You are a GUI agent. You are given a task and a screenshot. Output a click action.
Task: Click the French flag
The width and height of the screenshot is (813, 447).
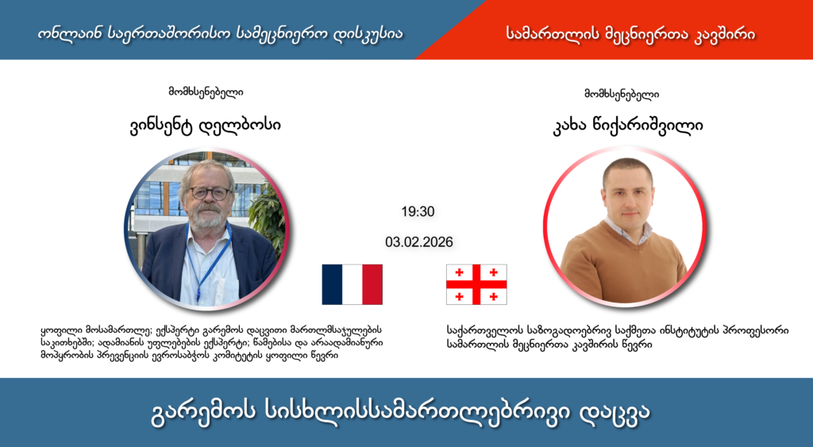[352, 284]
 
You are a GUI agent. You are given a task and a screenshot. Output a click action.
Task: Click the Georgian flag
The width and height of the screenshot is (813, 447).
[476, 284]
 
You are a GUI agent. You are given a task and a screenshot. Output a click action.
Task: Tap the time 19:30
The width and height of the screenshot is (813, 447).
[418, 212]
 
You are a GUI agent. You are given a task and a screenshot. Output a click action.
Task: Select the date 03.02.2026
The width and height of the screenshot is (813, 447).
[418, 242]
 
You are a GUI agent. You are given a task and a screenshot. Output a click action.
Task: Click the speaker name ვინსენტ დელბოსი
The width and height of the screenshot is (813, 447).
[206, 125]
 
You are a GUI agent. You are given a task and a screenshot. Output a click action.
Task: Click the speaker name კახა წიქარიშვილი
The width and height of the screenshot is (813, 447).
[622, 125]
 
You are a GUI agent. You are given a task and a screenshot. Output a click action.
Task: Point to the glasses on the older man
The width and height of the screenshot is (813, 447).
[209, 192]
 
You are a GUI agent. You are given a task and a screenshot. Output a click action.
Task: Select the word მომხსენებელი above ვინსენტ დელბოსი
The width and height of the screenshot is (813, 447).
[206, 92]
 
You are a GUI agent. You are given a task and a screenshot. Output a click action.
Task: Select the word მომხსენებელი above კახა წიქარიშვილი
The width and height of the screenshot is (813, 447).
[622, 93]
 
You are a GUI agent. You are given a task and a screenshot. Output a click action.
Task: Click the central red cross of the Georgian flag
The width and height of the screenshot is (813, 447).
[476, 284]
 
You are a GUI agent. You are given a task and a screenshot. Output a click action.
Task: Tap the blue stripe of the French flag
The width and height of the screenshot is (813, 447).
[332, 284]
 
